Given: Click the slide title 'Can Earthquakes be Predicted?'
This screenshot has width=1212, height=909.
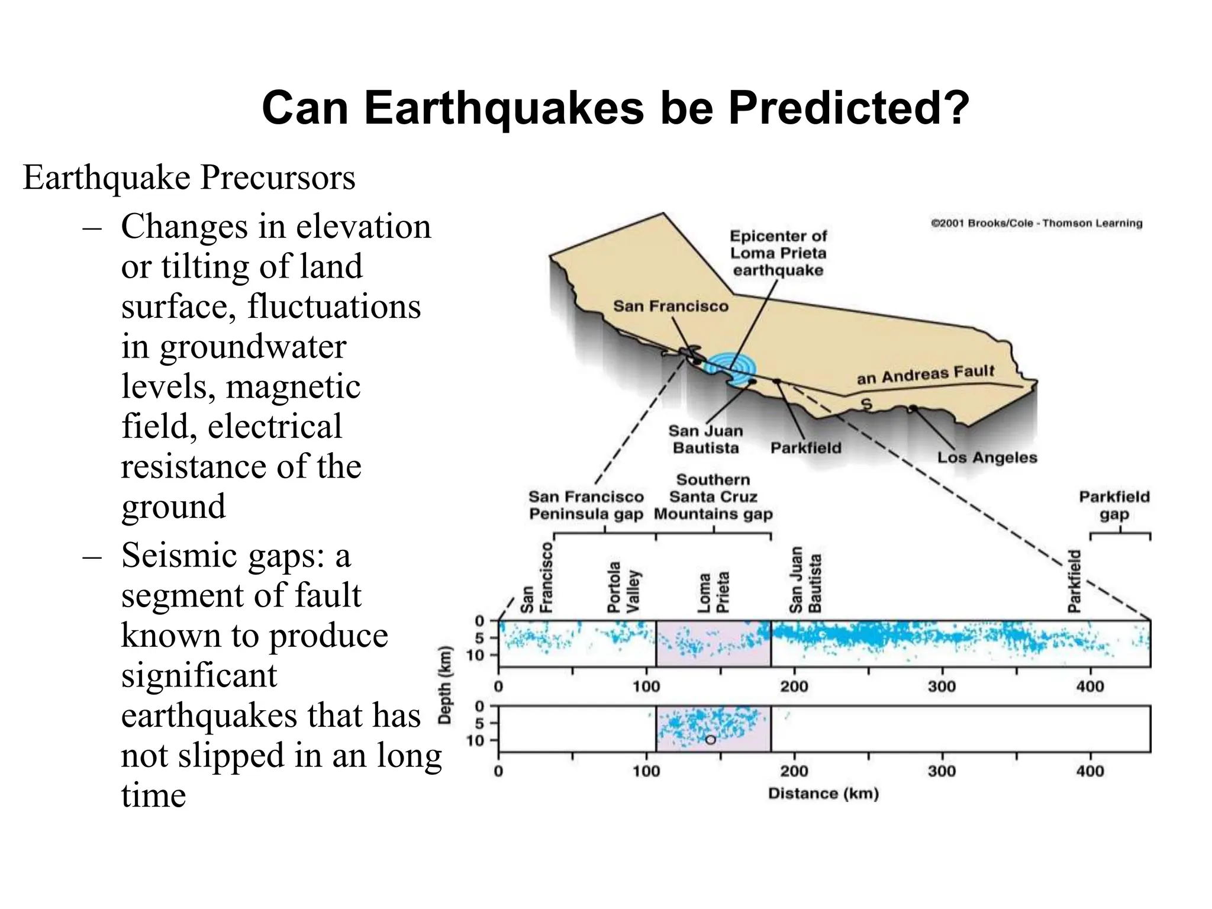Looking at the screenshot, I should tap(615, 108).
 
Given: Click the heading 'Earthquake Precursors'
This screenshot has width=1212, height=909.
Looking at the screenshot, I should tap(189, 177).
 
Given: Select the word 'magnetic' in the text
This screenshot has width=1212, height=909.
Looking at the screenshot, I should tap(293, 386).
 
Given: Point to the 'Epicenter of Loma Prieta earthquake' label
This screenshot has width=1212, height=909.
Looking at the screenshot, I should tap(778, 253).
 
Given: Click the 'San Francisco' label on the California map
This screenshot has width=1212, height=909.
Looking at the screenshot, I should tap(671, 306).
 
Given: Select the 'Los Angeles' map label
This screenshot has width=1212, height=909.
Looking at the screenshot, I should tap(987, 457).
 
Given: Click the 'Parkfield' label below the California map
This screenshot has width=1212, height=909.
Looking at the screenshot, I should tap(805, 448).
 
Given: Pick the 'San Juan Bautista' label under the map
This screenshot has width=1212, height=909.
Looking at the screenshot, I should tap(705, 439).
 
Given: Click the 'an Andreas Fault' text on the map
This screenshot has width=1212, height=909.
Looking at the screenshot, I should tap(926, 375).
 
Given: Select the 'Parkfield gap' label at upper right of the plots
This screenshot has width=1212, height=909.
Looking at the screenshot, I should tap(1114, 505).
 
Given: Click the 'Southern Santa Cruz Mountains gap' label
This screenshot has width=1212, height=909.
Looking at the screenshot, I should tap(713, 497).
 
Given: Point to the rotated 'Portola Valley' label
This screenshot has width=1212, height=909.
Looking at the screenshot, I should tap(624, 587).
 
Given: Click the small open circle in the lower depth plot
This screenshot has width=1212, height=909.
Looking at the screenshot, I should tap(710, 740).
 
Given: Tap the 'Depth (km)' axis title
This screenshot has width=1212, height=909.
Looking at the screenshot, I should tap(446, 685).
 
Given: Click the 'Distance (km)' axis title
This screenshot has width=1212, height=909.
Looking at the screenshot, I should tap(823, 794).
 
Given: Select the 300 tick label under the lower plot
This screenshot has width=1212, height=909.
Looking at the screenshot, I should tap(942, 771).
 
